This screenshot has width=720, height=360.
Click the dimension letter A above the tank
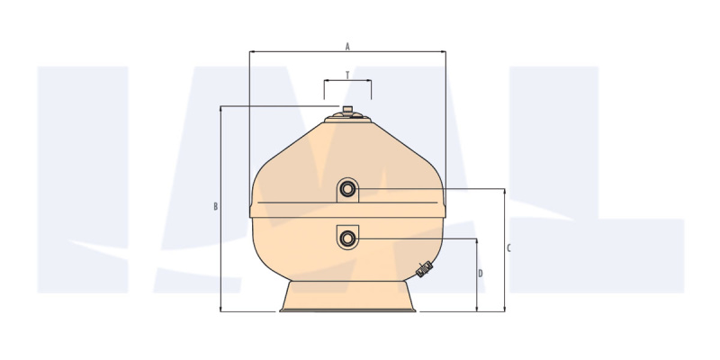coord(347,47)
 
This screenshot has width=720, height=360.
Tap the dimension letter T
coord(347,76)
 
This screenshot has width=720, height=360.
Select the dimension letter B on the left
coord(215,207)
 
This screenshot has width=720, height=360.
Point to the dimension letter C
coord(508,248)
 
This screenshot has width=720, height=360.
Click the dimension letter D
coord(481,274)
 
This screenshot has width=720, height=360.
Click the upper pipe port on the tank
coord(347,189)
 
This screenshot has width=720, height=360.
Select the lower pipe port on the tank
coord(347,238)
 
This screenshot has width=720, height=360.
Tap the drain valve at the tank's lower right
coord(424,269)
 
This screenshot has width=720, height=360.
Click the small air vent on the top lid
coord(347,110)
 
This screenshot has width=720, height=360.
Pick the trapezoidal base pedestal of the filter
coord(347,297)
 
